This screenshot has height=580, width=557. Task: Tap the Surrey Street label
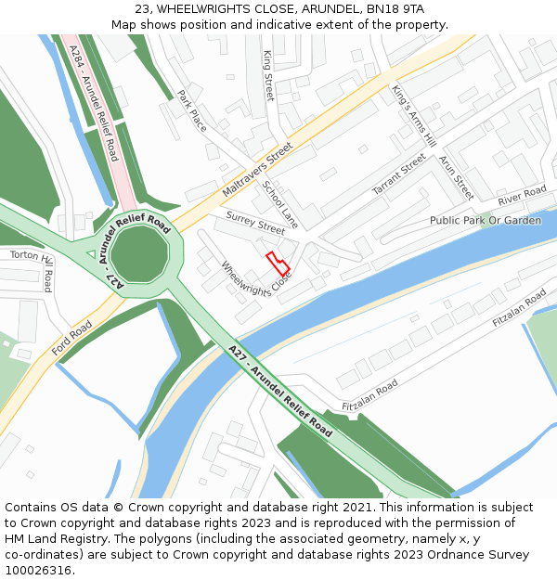click(x=254, y=224)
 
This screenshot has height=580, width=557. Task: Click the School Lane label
click(x=280, y=204)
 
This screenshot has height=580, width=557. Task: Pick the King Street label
click(x=268, y=76)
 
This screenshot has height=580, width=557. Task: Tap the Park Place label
click(x=192, y=110)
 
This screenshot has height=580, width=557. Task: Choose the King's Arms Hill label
click(x=414, y=116)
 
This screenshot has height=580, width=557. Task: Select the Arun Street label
click(x=456, y=177)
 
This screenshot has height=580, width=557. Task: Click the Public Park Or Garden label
click(x=485, y=221)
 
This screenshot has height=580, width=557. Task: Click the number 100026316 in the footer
click(x=37, y=570)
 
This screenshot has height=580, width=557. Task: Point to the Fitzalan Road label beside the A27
click(x=369, y=395)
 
